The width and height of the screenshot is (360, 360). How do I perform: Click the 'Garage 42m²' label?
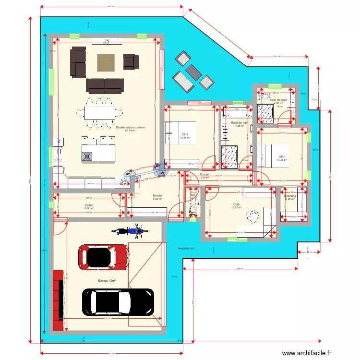tap(107, 280)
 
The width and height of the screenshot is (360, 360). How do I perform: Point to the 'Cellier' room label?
tap(89, 204)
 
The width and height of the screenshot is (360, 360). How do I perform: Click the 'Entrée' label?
tap(157, 196)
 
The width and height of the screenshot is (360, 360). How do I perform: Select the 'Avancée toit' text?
tap(186, 248)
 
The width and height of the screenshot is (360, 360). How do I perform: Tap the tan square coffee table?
tap(106, 62)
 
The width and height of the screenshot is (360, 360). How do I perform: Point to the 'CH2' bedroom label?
tap(185, 134)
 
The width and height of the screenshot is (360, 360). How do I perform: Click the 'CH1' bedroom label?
tap(282, 156)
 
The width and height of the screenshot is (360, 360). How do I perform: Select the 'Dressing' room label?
tap(290, 196)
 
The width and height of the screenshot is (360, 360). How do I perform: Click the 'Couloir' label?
tap(205, 174)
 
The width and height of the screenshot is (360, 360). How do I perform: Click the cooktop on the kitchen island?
tap(87, 156)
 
